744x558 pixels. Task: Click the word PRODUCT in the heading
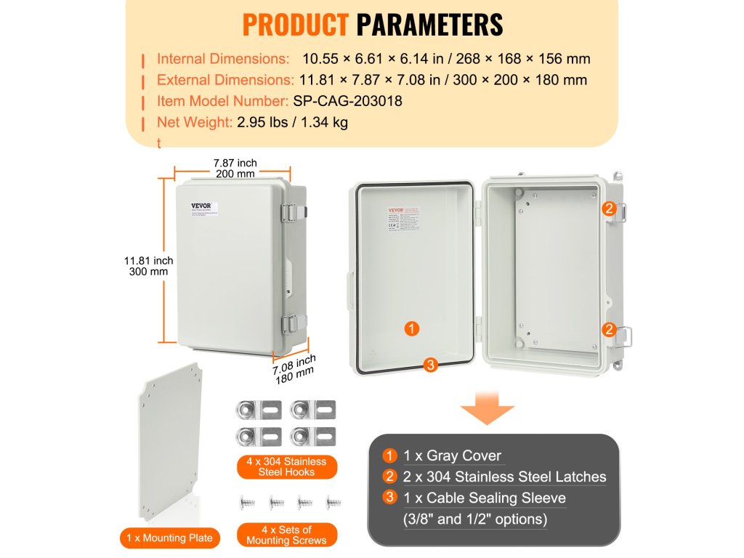click(295, 24)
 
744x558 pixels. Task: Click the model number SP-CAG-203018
click(347, 101)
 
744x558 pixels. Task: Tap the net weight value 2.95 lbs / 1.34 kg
click(292, 122)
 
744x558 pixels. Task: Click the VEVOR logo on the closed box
click(200, 206)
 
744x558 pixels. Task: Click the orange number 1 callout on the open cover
click(412, 329)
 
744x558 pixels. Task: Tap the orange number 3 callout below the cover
click(431, 365)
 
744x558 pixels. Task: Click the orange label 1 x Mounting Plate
click(169, 538)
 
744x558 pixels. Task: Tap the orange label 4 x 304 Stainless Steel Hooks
click(286, 466)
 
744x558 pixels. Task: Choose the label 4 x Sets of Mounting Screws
click(287, 535)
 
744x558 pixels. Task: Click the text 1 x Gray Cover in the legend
click(453, 456)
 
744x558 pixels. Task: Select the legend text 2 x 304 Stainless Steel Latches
click(505, 477)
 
